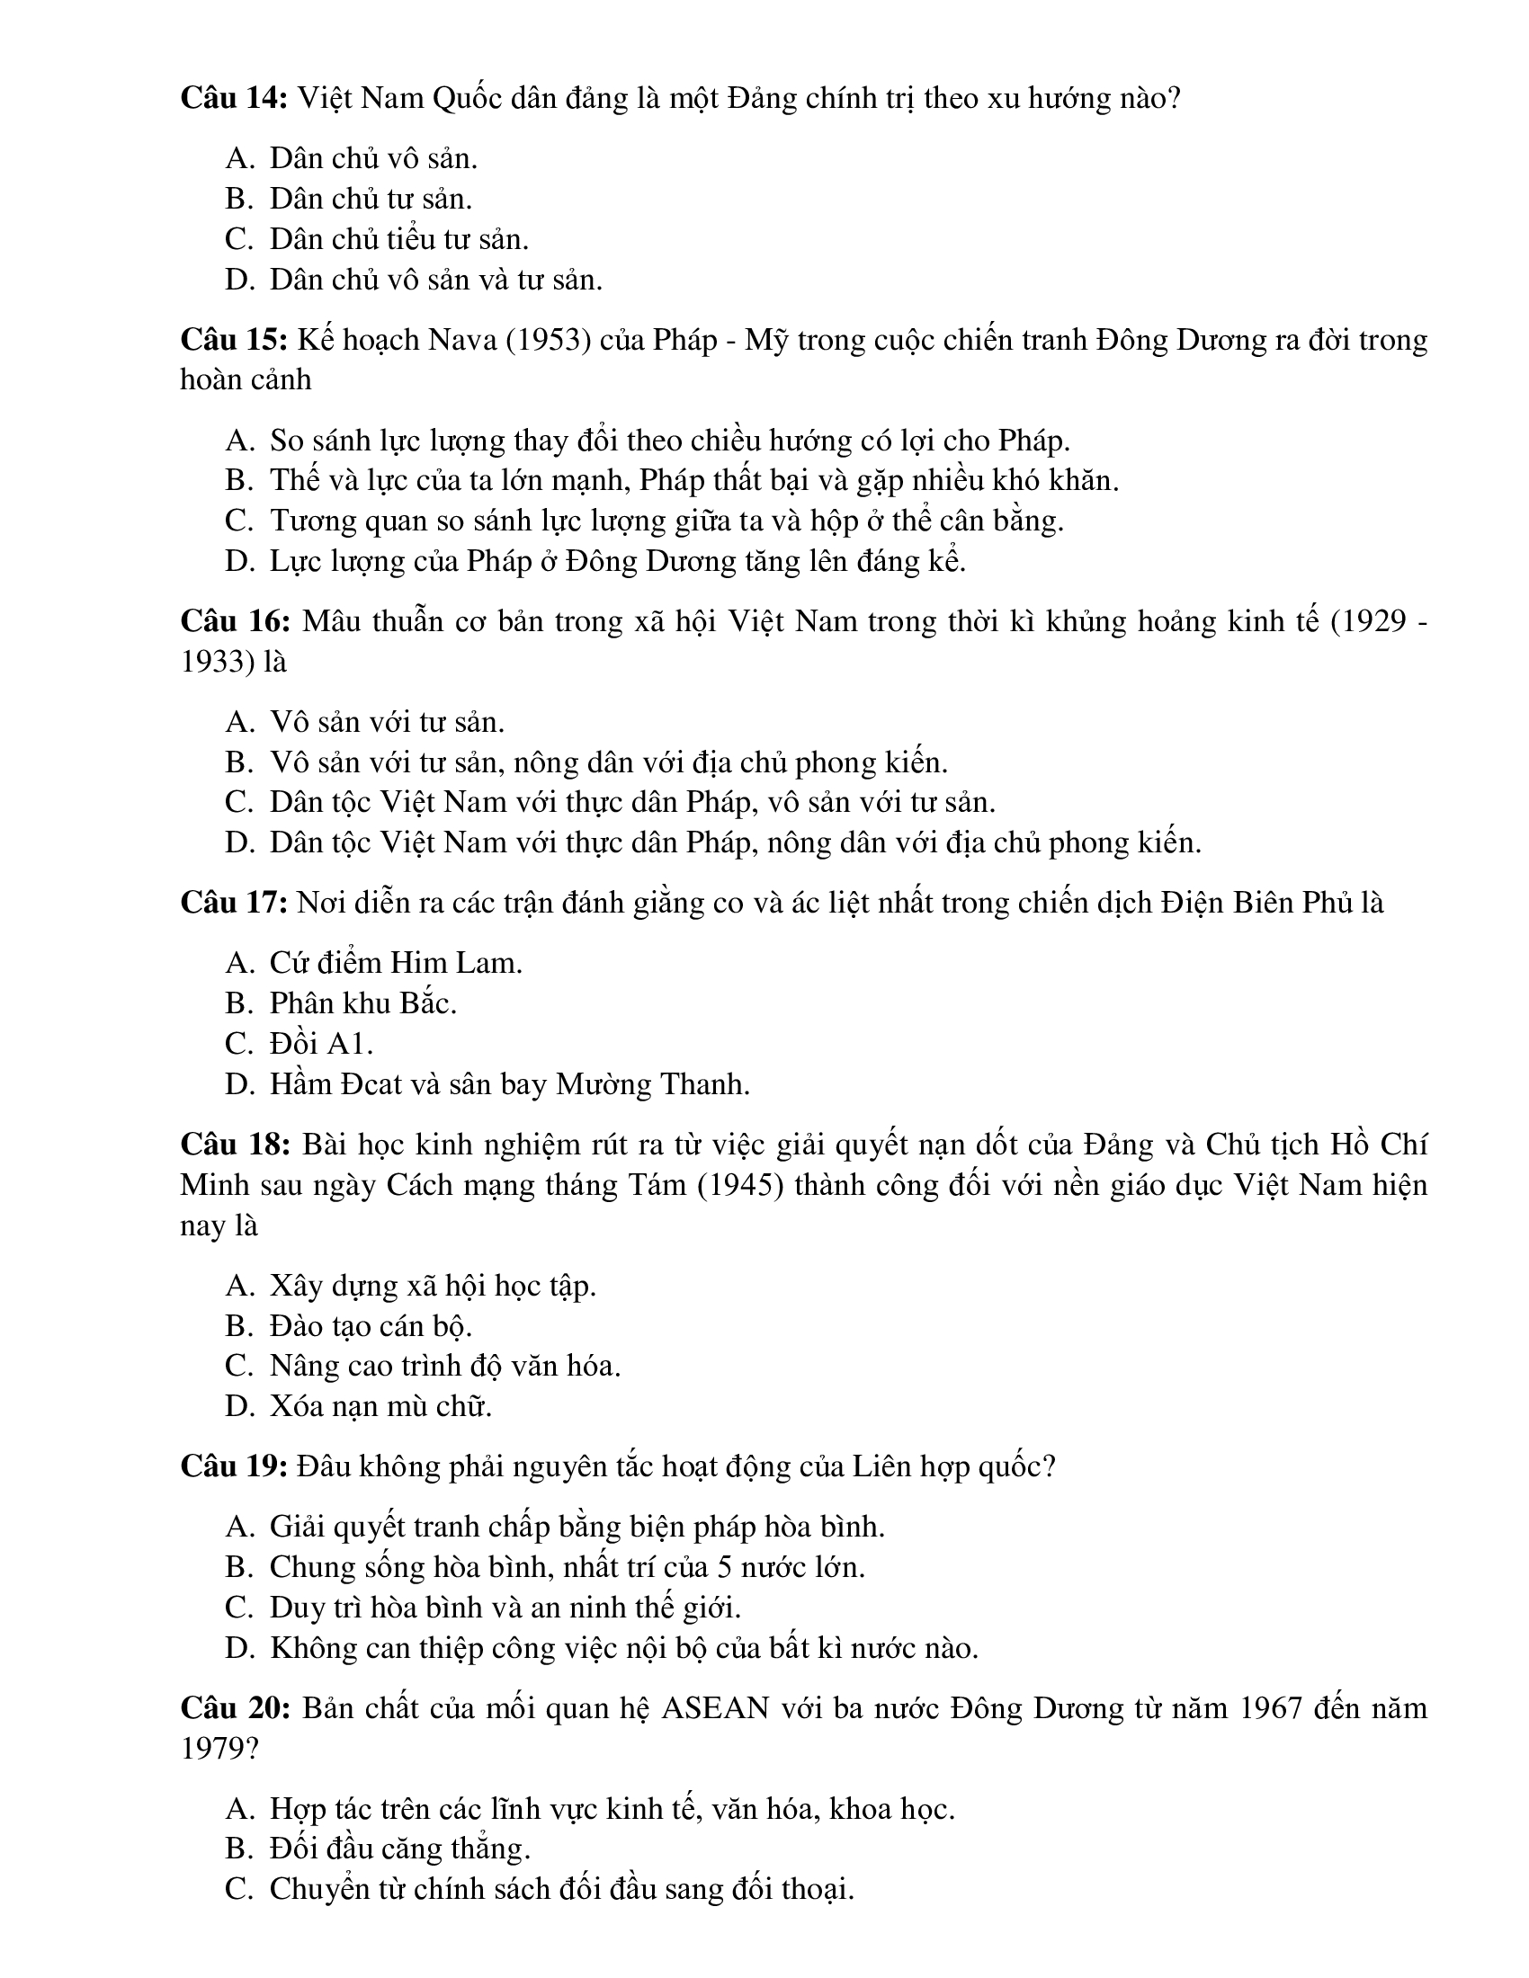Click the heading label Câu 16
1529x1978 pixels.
(x=235, y=621)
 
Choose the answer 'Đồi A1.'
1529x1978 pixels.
(x=321, y=1043)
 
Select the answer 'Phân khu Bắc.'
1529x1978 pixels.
(x=362, y=1003)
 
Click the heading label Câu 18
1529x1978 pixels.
(x=235, y=1145)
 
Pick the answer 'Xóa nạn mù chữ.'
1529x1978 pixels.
(x=380, y=1406)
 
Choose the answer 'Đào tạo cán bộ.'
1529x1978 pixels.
(x=371, y=1326)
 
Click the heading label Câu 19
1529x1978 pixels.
(x=234, y=1466)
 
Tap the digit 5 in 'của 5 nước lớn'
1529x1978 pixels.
(x=724, y=1567)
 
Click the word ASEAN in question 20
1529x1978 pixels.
(x=716, y=1708)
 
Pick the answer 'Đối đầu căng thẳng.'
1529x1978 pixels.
(x=399, y=1849)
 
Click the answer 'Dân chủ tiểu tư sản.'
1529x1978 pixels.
(x=398, y=239)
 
